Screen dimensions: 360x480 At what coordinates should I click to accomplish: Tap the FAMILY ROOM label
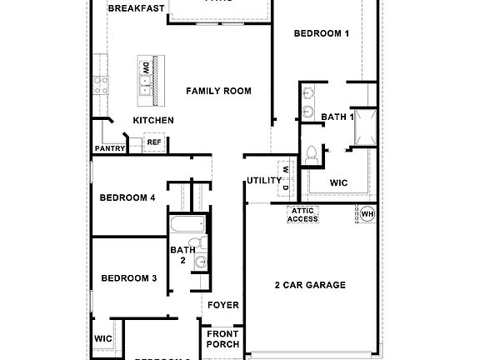coord(218,91)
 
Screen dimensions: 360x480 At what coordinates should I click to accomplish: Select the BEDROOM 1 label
coord(322,33)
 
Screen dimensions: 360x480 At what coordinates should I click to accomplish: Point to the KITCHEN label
coord(153,121)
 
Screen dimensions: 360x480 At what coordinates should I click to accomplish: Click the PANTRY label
coord(109,149)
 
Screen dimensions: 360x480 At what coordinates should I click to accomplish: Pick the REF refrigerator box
coord(154,142)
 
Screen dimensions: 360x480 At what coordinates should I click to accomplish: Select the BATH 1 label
coord(337,117)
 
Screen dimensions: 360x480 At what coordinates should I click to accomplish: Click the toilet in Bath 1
coord(312,154)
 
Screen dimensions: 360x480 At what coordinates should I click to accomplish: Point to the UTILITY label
coord(262,181)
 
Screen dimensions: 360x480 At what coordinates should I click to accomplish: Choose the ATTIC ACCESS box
coord(303,214)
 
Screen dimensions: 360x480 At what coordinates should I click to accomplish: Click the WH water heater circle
coord(367,214)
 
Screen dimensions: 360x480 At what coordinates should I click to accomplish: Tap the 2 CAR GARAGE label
coord(310,285)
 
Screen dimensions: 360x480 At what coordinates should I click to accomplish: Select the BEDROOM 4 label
coord(127,197)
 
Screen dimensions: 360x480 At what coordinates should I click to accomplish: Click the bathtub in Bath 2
coord(187,225)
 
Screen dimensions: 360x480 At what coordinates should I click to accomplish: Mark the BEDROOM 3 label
coord(129,278)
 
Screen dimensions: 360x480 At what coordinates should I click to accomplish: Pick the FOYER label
coord(223,305)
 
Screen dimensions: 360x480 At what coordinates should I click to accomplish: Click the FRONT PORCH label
coord(222,338)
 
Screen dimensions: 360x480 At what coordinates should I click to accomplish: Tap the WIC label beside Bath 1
coord(338,182)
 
